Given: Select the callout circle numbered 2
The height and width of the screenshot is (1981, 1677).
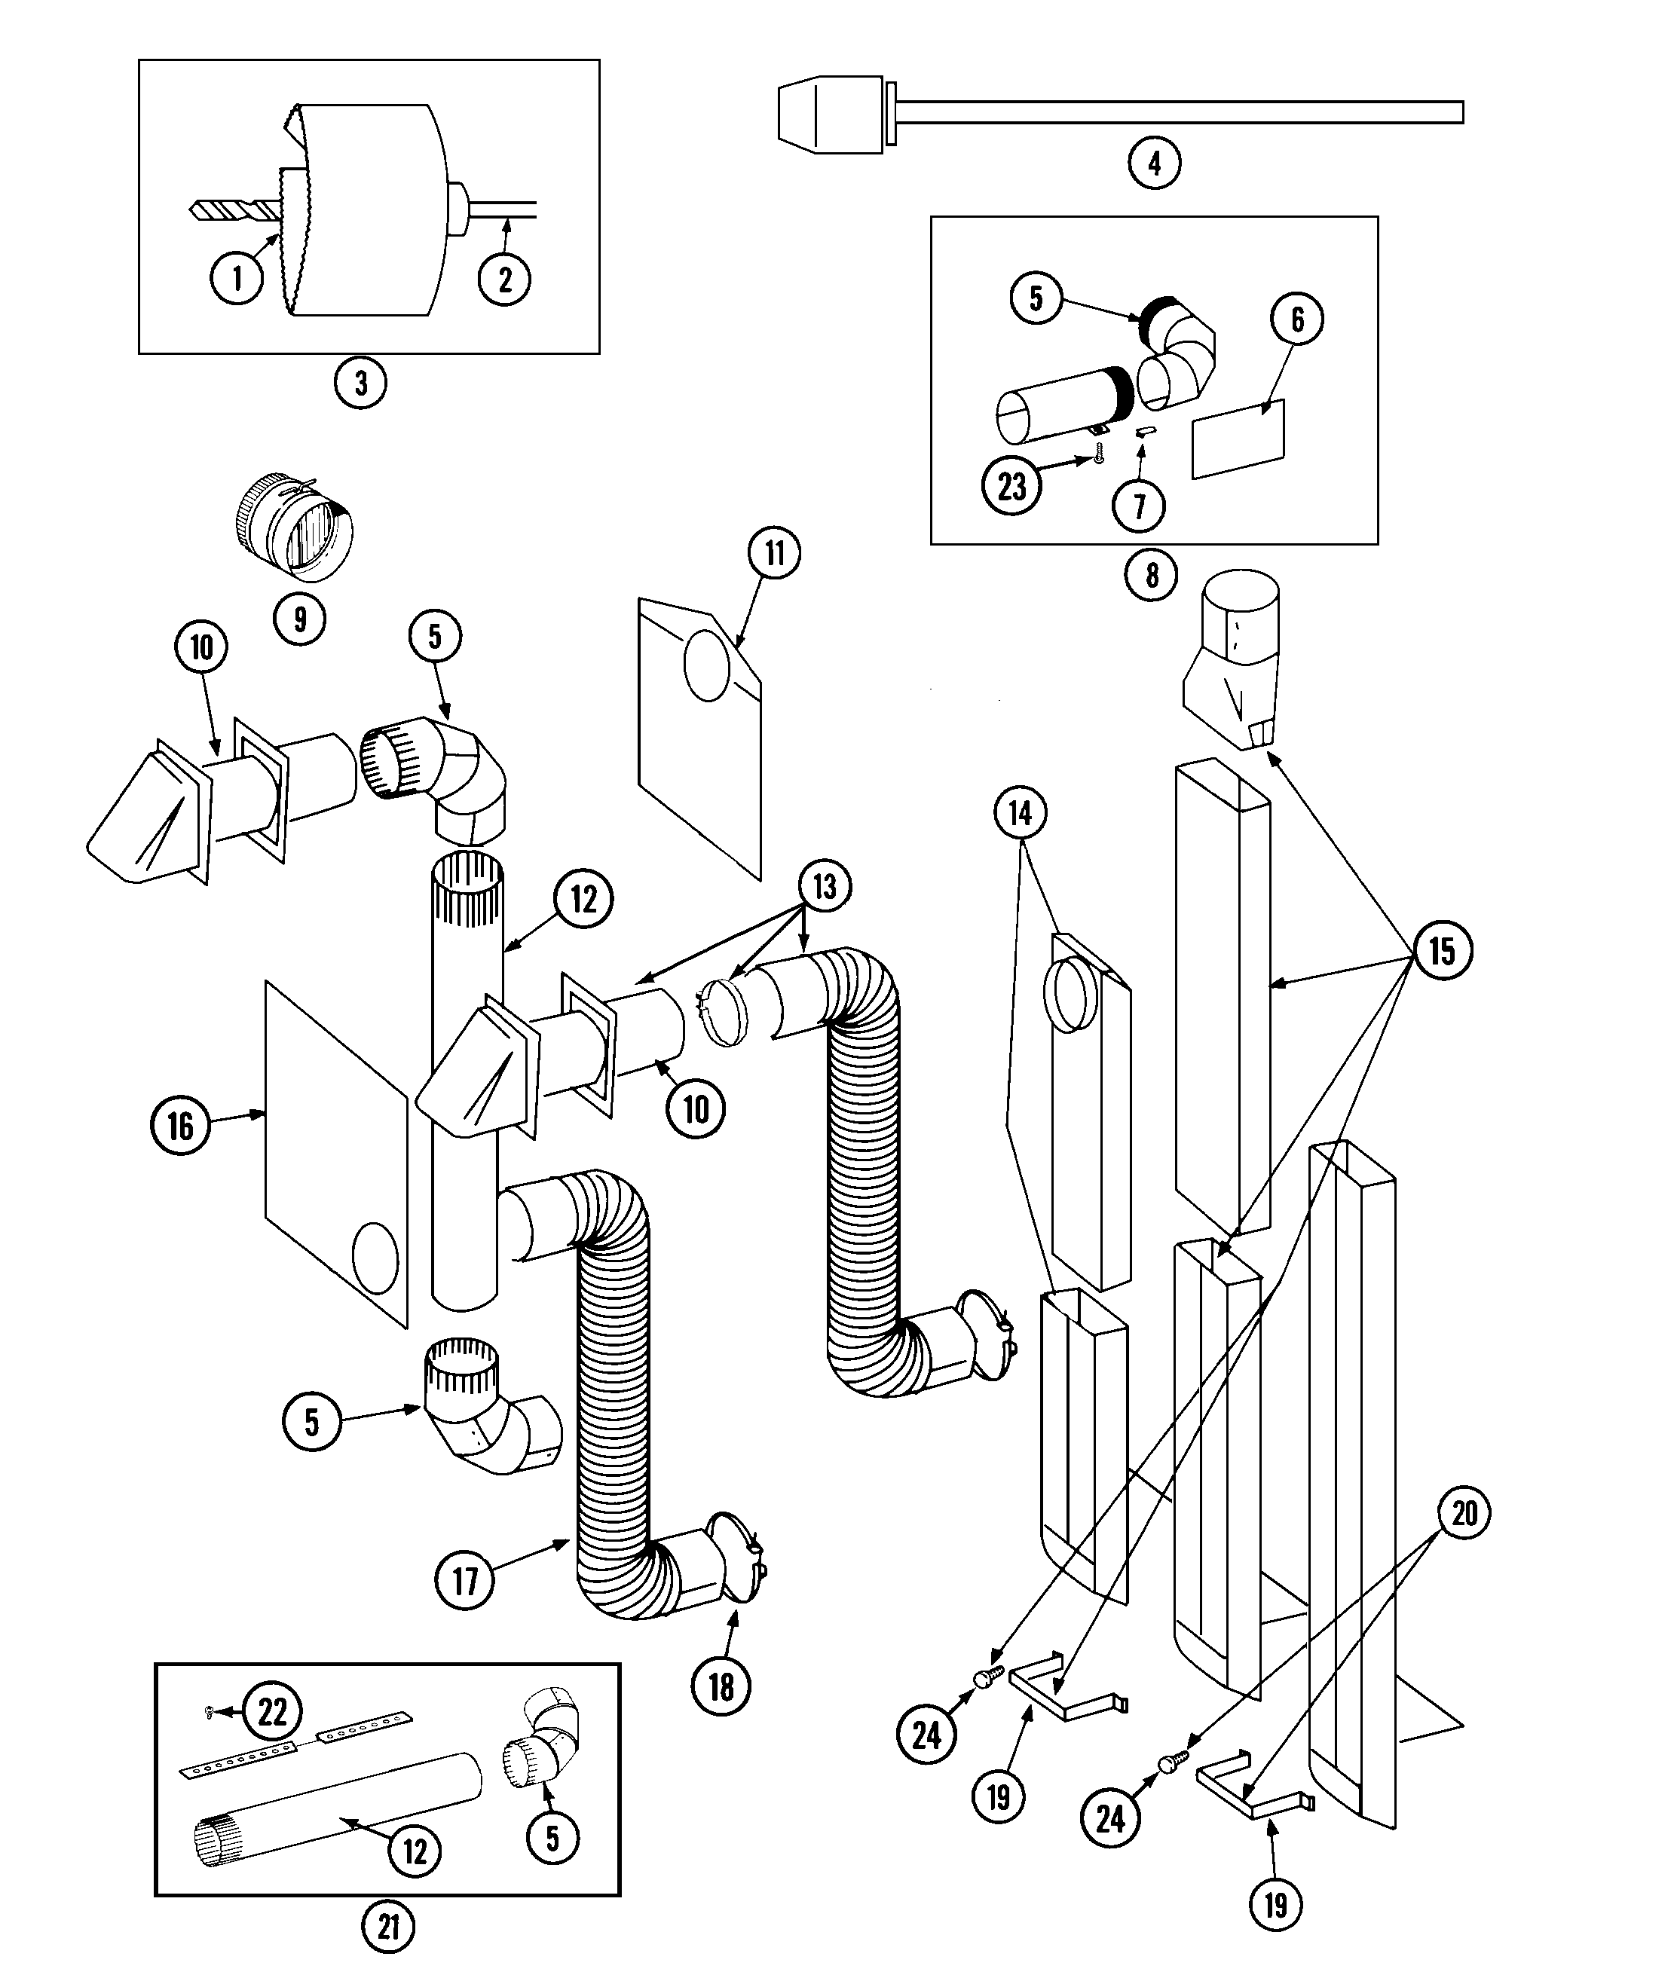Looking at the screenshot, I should pyautogui.click(x=504, y=279).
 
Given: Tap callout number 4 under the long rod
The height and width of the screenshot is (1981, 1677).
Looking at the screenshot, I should pyautogui.click(x=1154, y=163).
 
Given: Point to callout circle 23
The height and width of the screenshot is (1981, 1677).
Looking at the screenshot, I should pyautogui.click(x=1011, y=486).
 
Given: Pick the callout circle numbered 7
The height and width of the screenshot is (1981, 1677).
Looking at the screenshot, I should pyautogui.click(x=1139, y=505).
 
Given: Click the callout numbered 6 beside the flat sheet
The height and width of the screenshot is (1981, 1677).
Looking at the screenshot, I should pyautogui.click(x=1296, y=319).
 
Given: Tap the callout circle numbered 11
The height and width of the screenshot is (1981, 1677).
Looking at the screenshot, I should pyautogui.click(x=774, y=552).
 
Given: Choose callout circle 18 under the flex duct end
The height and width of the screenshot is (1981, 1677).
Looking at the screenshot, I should pyautogui.click(x=721, y=1686).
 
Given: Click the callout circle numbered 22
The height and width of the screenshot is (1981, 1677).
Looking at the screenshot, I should pyautogui.click(x=272, y=1711).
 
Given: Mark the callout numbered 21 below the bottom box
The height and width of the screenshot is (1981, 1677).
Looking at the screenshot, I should pyautogui.click(x=388, y=1926).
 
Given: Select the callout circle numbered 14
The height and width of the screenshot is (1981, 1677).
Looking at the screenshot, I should pyautogui.click(x=1019, y=813).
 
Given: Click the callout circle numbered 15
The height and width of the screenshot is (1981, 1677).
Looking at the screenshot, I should pyautogui.click(x=1442, y=951).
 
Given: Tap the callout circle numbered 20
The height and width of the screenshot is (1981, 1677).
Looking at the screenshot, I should pyautogui.click(x=1463, y=1512).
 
